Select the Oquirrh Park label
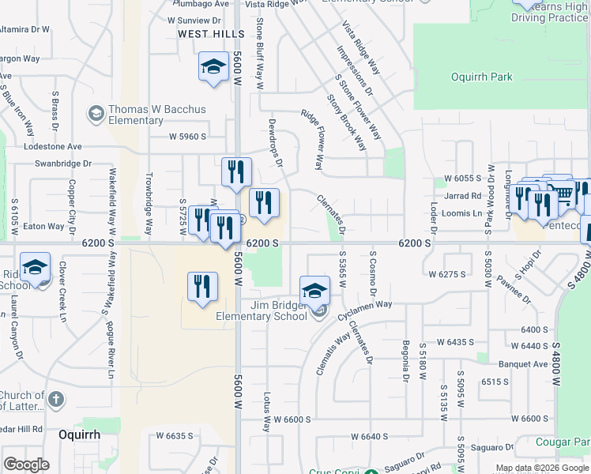481,77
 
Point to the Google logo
26,465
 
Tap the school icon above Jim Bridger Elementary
314,290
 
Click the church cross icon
55,399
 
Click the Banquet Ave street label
522,364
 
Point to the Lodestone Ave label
53,147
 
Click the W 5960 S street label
187,136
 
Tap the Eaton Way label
43,227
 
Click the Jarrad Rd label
463,196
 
